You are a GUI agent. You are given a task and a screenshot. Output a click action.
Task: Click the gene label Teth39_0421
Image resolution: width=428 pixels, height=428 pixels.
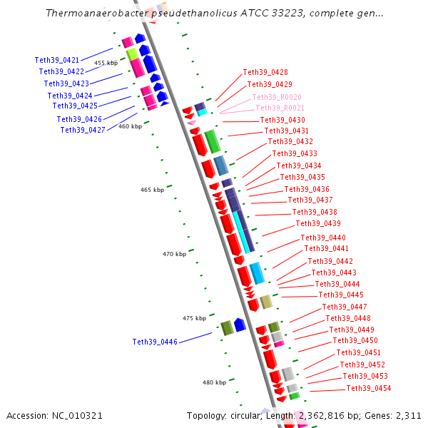(57, 60)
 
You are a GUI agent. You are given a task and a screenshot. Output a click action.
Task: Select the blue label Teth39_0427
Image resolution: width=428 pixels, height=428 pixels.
(83, 130)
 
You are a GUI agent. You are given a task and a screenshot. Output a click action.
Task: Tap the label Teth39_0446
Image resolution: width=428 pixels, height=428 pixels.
(155, 342)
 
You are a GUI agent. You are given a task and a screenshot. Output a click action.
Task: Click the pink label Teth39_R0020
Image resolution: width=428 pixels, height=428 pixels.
(277, 96)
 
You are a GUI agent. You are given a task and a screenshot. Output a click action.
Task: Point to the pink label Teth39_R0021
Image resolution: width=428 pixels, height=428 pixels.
(280, 108)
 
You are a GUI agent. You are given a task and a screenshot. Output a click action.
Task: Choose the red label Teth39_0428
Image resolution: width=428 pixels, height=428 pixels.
(265, 72)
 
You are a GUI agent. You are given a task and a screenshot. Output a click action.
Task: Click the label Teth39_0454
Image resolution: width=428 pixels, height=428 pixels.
(369, 388)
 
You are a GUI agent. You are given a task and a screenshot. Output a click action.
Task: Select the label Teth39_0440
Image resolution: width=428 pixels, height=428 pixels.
(323, 238)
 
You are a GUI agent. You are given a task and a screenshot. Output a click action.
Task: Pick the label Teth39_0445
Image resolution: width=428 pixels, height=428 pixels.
(341, 295)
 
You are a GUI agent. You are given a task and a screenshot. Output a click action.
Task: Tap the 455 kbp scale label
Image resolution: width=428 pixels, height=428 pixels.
(106, 63)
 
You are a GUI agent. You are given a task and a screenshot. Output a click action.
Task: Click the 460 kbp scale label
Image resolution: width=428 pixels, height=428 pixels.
(130, 126)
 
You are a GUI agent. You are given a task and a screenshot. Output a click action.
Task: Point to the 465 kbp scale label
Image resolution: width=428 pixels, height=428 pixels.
(152, 190)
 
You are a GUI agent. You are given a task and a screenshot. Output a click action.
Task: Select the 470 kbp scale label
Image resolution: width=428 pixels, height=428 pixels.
(174, 254)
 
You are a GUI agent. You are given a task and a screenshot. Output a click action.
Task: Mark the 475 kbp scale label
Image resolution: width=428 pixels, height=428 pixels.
(194, 318)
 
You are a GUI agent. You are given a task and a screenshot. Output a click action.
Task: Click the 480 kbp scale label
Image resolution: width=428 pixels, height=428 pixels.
(214, 382)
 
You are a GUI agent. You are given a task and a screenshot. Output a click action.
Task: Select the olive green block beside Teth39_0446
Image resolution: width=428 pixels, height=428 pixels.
(227, 328)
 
